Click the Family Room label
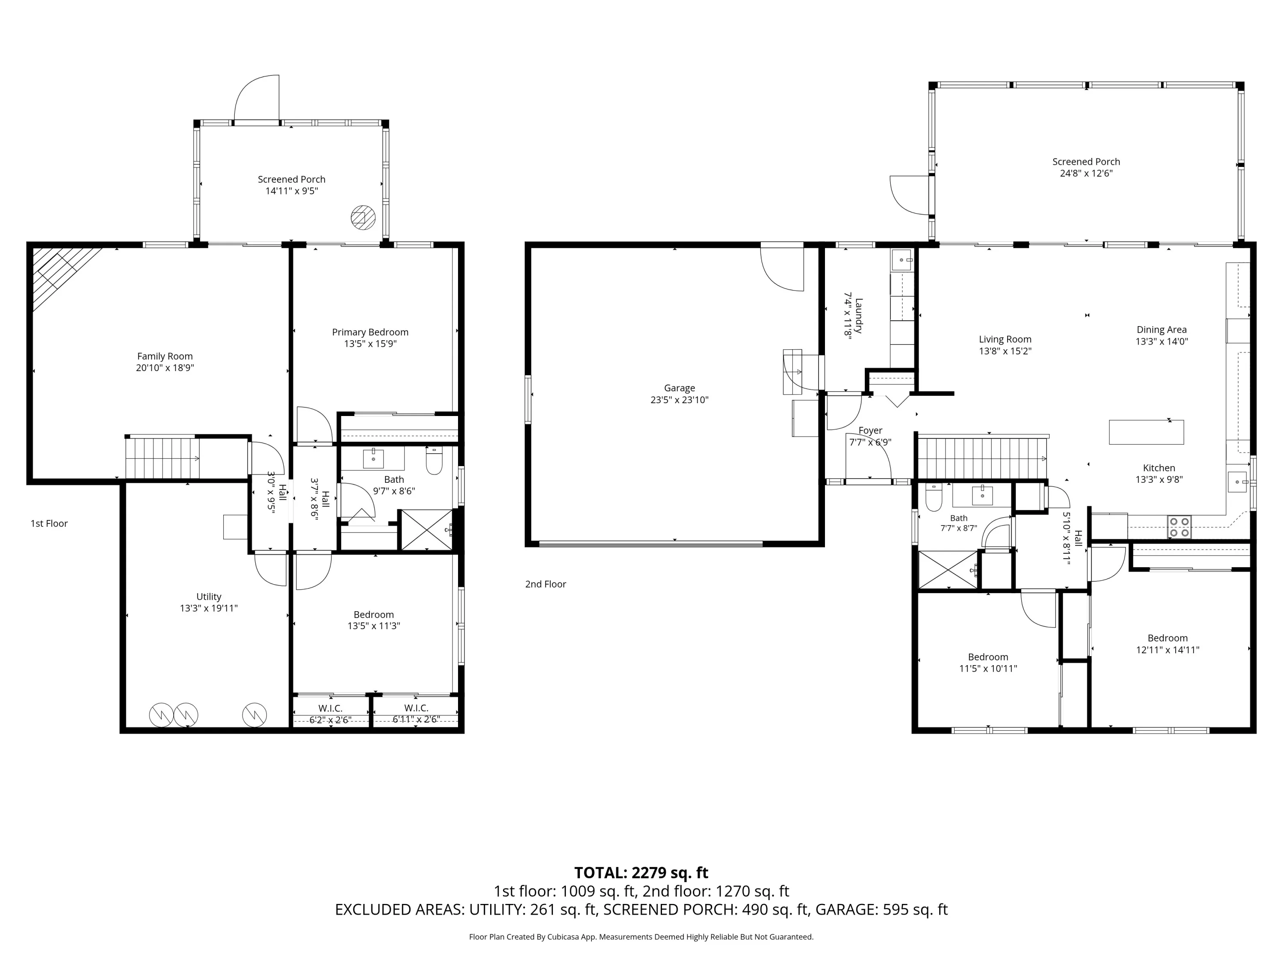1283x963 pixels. point(165,357)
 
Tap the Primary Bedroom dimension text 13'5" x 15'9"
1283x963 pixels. point(370,344)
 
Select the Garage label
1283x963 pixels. point(679,388)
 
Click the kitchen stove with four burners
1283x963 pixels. point(1179,527)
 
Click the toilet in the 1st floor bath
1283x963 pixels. point(434,460)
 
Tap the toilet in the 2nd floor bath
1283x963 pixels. point(933,497)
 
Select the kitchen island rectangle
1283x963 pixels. point(1146,432)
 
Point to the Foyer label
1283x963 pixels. point(870,431)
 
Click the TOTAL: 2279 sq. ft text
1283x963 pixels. point(641,872)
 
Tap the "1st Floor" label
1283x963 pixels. point(49,523)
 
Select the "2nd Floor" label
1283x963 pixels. point(545,584)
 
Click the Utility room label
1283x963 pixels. point(209,597)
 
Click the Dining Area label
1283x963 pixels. point(1161,330)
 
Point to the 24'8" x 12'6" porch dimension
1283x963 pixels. point(1086,173)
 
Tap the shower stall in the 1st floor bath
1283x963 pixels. point(427,529)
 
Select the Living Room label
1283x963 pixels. point(1005,339)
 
